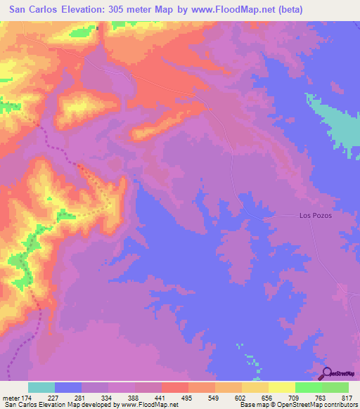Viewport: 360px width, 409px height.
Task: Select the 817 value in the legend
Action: pyautogui.click(x=345, y=398)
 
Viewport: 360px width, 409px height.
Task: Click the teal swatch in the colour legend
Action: pyautogui.click(x=41, y=387)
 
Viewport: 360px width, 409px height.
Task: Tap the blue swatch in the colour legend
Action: pyautogui.click(x=68, y=387)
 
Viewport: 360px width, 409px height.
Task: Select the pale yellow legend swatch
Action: pyautogui.click(x=282, y=387)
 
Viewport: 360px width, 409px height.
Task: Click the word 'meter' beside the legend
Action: pyautogui.click(x=11, y=398)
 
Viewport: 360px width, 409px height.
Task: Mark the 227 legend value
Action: pyautogui.click(x=53, y=398)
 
